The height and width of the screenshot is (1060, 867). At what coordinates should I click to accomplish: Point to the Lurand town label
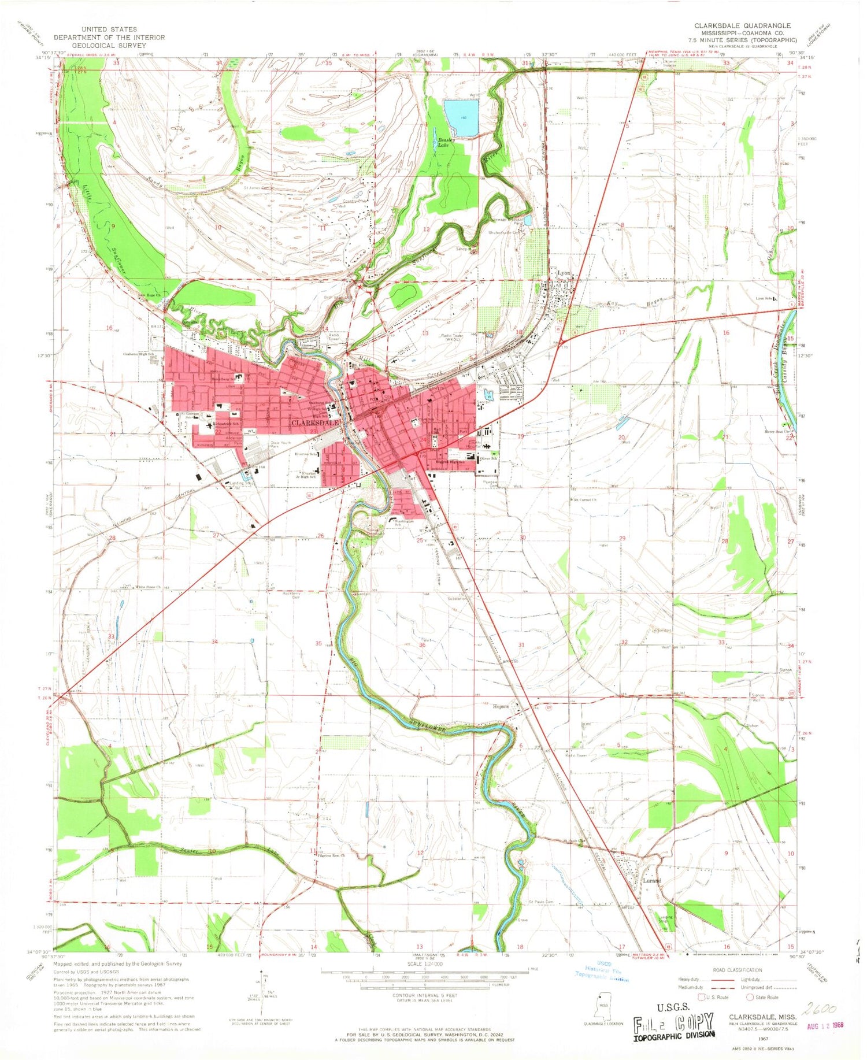pyautogui.click(x=653, y=881)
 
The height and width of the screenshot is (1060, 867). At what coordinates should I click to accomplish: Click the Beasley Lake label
pyautogui.click(x=446, y=143)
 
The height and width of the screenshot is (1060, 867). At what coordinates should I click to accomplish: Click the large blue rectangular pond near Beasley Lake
pyautogui.click(x=461, y=117)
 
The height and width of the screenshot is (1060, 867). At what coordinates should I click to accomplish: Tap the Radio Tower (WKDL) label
pyautogui.click(x=455, y=336)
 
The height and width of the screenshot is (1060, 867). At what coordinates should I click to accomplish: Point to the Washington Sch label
pyautogui.click(x=405, y=523)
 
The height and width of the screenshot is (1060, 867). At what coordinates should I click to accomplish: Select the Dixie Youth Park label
pyautogui.click(x=283, y=444)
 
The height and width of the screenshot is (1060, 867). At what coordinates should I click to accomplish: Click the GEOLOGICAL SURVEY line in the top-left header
pyautogui.click(x=109, y=45)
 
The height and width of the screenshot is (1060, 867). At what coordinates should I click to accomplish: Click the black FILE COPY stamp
pyautogui.click(x=674, y=1024)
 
